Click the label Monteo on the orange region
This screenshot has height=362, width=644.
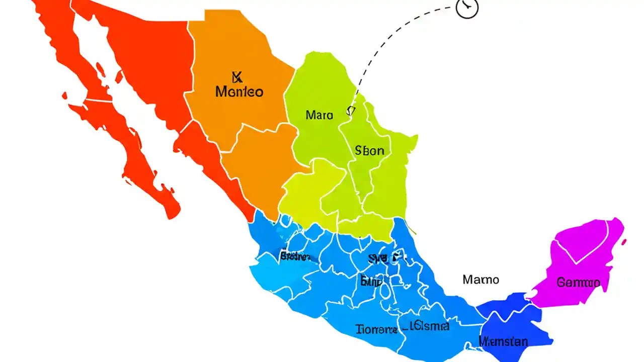point(239,92)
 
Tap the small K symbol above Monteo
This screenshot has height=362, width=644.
point(237,77)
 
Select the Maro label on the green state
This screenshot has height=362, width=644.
point(319,115)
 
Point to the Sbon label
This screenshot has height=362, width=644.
point(369,150)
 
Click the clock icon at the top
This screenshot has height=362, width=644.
point(467,8)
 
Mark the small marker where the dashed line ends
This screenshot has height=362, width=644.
point(351,111)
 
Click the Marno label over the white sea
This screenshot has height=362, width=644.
point(480,279)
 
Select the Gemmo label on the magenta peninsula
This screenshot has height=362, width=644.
point(578,282)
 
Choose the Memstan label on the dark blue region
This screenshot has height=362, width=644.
point(503,342)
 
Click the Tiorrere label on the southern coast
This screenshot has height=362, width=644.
point(376,330)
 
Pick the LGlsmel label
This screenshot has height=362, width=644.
point(429,326)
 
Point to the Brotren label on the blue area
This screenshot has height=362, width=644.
point(294,257)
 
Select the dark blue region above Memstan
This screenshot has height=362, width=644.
point(508,309)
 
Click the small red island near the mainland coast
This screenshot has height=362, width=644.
point(119,76)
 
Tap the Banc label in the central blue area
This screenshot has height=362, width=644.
point(371,281)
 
